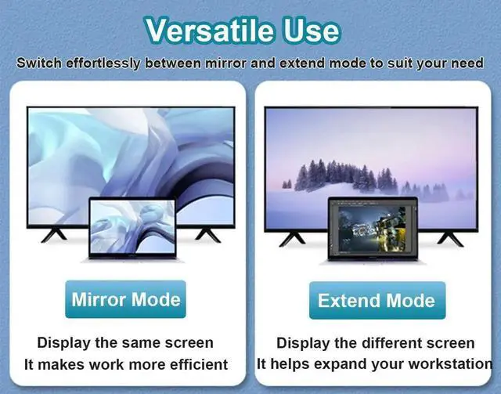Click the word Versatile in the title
210,30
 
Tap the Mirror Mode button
125,299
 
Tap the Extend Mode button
377,300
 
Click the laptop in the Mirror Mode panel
132,229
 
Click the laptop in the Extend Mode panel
373,230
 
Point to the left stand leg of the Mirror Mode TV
54,235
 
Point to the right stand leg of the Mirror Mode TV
208,235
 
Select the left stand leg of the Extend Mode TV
292,239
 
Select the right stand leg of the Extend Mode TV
451,239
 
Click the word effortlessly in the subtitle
103,63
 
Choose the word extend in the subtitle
303,63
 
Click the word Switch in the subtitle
39,63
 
